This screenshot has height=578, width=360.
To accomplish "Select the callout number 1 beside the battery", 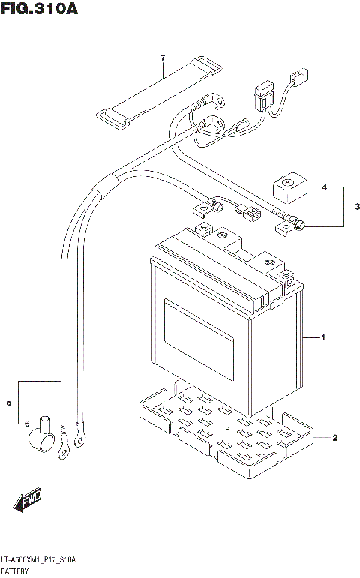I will click(322, 339).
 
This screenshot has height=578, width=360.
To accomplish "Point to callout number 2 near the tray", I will click(335, 438).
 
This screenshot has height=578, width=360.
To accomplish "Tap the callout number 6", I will click(28, 424).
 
